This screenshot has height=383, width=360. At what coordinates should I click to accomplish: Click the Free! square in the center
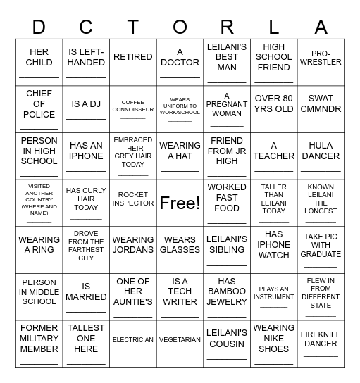tap(180, 203)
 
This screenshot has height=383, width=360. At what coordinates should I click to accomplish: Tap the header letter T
tap(133, 27)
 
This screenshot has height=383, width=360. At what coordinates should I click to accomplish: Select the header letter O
tap(180, 27)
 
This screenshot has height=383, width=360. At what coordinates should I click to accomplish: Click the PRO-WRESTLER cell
tap(321, 62)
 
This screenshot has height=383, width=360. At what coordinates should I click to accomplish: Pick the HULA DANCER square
tap(321, 156)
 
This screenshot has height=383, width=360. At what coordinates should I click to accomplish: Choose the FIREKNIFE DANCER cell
tap(321, 344)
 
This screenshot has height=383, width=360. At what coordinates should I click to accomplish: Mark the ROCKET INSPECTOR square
tap(133, 203)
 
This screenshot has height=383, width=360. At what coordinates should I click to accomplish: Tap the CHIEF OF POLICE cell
tap(39, 109)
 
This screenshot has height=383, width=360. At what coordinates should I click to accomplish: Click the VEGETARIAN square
tap(180, 344)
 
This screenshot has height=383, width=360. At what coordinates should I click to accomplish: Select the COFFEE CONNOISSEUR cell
tap(133, 109)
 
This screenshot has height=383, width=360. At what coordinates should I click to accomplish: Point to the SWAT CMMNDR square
tap(321, 109)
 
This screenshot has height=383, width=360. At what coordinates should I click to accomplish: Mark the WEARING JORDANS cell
tap(133, 250)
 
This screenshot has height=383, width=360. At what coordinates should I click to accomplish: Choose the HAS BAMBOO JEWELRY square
tap(227, 296)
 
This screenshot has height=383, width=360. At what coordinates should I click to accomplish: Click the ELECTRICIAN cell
tap(133, 344)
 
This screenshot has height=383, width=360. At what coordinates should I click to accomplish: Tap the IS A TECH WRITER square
tap(180, 296)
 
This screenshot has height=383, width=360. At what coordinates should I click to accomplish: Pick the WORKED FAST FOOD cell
tap(227, 203)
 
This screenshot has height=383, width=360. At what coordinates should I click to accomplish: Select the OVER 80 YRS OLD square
tap(274, 109)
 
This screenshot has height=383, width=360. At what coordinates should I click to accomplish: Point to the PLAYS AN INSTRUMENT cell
tap(274, 296)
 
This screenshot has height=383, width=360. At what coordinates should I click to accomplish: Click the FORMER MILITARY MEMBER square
tap(39, 344)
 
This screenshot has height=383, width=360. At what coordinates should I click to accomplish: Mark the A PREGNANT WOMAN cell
tap(227, 109)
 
